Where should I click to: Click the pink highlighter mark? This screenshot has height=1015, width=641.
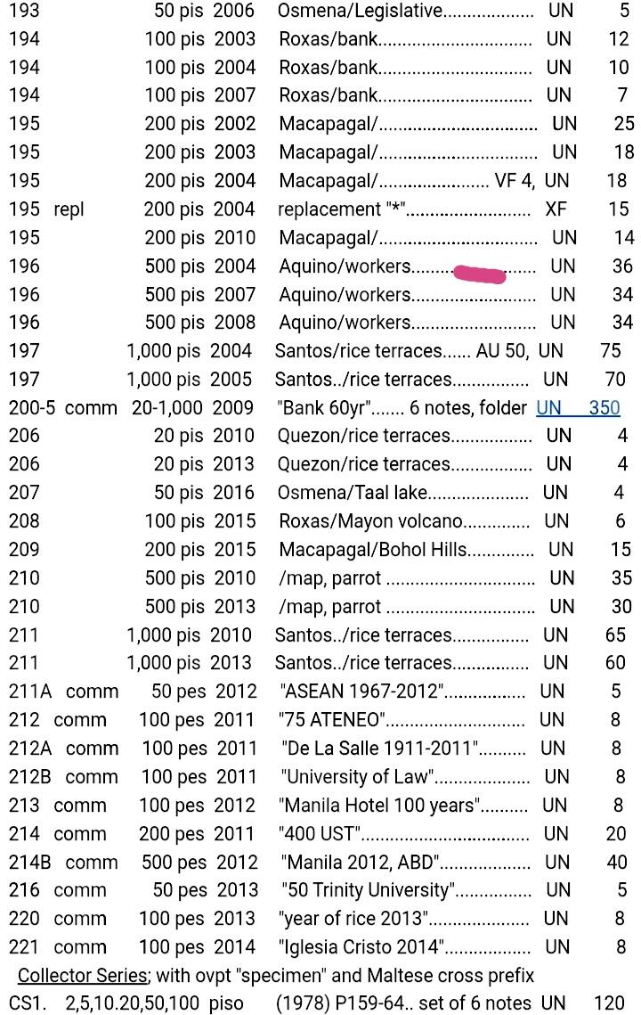click(x=479, y=273)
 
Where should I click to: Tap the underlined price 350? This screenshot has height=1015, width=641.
click(x=604, y=407)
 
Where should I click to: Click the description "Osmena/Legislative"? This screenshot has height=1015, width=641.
click(x=360, y=11)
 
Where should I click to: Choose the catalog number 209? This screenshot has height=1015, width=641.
click(x=24, y=549)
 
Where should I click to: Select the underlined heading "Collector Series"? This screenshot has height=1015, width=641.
click(x=82, y=975)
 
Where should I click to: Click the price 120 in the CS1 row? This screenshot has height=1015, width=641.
click(x=610, y=1003)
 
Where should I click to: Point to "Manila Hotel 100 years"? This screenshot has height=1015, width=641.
click(x=379, y=806)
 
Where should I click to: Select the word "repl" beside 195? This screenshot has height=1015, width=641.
click(x=69, y=209)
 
